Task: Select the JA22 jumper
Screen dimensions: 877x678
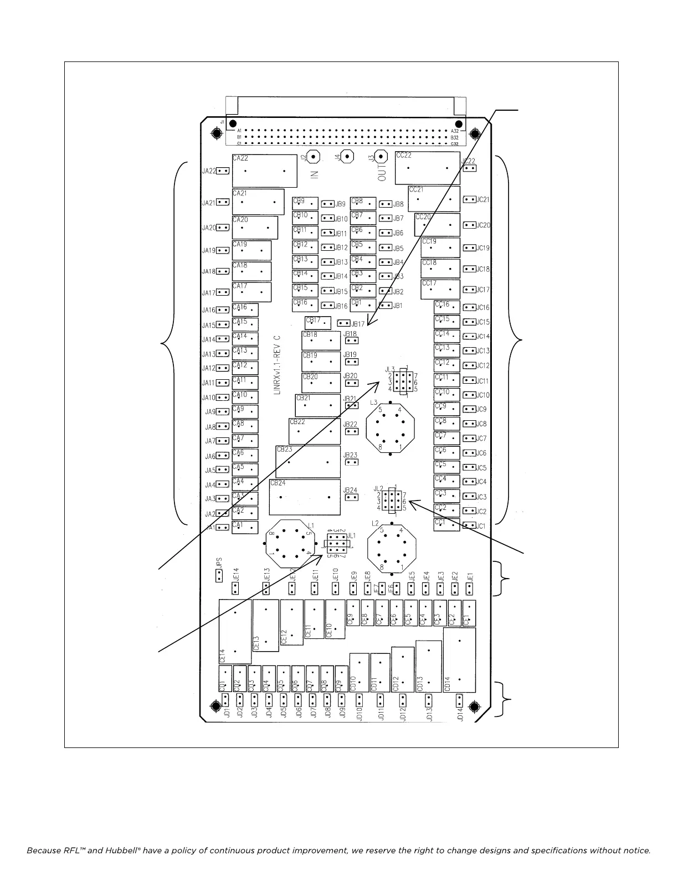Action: [x=223, y=171]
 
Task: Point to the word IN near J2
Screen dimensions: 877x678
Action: [x=315, y=174]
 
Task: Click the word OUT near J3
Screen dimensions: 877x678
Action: [x=382, y=175]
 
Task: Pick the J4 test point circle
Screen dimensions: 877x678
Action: [x=347, y=157]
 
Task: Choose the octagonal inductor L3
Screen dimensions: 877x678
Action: [x=391, y=427]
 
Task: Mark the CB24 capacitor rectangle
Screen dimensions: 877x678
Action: [x=304, y=497]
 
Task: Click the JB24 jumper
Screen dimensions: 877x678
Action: [x=351, y=497]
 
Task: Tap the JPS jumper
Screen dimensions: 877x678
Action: [x=219, y=576]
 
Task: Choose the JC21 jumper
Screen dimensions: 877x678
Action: [x=470, y=199]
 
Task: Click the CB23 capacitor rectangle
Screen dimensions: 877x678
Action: [x=308, y=462]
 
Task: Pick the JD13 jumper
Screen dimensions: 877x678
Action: [x=428, y=700]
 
